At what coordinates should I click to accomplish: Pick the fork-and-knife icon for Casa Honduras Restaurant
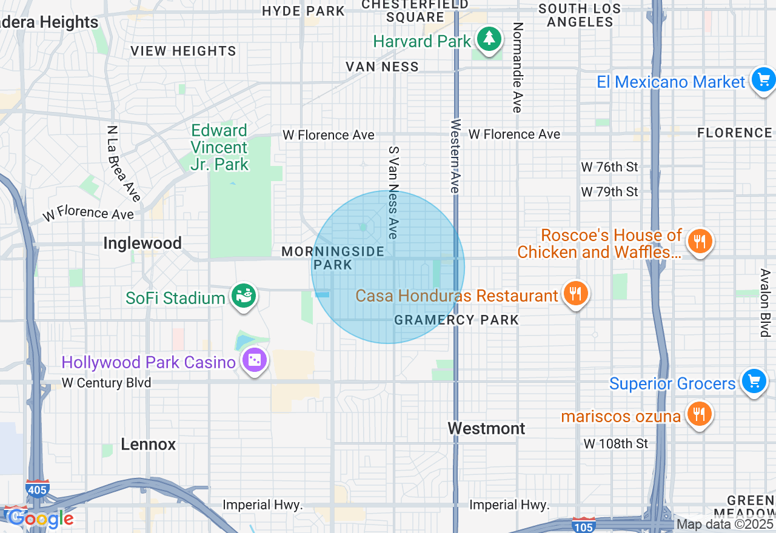pos(575,294)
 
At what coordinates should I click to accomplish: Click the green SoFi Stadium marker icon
pos(243,296)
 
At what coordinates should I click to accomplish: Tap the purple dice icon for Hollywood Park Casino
pos(255,361)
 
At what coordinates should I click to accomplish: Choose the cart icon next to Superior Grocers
pos(754,382)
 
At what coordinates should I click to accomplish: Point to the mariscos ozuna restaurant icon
pos(700,415)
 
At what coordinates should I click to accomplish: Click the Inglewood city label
pos(142,243)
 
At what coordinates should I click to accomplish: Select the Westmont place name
pos(486,429)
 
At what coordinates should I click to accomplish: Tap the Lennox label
pos(149,445)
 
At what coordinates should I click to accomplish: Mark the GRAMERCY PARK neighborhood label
pos(457,320)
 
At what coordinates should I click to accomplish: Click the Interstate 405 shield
pos(37,488)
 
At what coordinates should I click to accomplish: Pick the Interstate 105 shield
pos(583,524)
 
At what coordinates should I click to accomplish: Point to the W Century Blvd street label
pos(107,383)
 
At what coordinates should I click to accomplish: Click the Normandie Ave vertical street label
pos(517,67)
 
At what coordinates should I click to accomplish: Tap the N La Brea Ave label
pos(123,163)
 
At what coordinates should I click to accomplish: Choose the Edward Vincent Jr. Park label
pos(219,147)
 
